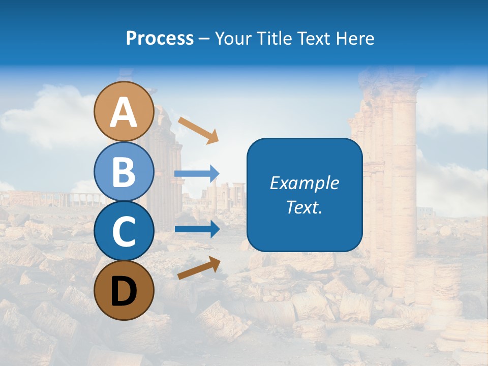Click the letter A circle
tap(124, 111)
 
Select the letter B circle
tap(124, 171)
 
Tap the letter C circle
tap(124, 231)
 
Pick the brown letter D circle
tap(124, 290)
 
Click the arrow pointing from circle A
tap(198, 130)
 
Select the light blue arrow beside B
tap(196, 174)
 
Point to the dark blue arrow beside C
tap(196, 229)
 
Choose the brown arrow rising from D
tap(199, 268)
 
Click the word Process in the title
tap(160, 39)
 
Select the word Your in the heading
tap(231, 39)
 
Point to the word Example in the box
tap(304, 183)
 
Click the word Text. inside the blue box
tap(304, 207)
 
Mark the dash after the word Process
tap(204, 39)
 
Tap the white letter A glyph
tap(124, 112)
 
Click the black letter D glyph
tap(124, 291)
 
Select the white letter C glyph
tap(124, 232)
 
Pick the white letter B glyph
tap(124, 172)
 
